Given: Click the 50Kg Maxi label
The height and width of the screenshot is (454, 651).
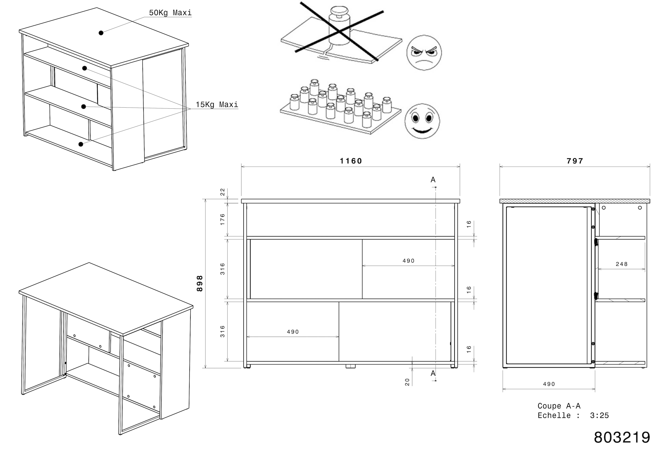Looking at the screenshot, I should [170, 13].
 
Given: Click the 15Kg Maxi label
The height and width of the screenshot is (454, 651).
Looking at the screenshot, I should [217, 105].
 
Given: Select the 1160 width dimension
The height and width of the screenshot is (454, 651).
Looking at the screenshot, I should [351, 161].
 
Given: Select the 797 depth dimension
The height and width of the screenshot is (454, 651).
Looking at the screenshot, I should [575, 161].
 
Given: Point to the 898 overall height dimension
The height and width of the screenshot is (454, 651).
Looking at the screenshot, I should [200, 283].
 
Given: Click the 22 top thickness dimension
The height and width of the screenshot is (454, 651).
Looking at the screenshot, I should [223, 192].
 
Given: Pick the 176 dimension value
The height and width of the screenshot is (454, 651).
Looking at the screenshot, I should [223, 219].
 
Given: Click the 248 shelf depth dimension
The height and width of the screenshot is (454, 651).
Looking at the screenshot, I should [621, 264].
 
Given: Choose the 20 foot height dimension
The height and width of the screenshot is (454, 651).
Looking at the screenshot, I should [407, 382].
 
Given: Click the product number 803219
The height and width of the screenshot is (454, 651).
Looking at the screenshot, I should [622, 437].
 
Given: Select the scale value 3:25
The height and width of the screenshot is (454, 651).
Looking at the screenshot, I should [599, 416].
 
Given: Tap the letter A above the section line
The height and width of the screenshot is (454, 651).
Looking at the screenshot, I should [433, 180].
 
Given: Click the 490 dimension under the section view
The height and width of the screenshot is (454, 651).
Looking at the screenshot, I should [549, 384].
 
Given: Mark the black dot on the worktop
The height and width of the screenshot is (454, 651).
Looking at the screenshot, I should [101, 33].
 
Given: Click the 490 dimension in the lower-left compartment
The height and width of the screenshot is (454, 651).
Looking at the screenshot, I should [293, 332].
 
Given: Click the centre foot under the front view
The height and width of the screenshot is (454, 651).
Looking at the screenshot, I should [350, 366].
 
